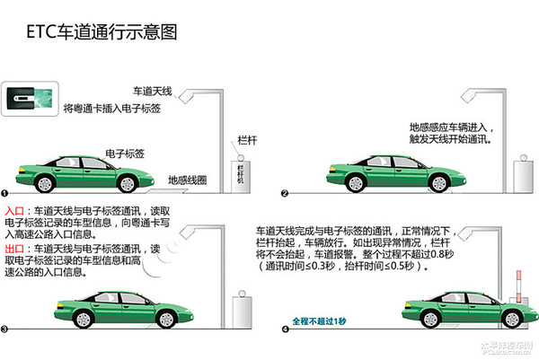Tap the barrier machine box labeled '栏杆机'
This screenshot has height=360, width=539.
click(240, 170)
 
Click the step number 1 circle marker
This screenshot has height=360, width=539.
click(5, 193)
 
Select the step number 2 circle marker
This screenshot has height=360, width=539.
click(285, 193)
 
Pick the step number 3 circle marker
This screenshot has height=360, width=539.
click(5, 329)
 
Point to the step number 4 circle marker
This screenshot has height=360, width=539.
click(285, 329)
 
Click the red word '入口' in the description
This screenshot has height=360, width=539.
click(14, 210)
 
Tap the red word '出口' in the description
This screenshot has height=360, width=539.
click(14, 248)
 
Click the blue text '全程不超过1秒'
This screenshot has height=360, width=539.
click(319, 320)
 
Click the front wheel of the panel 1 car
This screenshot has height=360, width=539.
click(129, 183)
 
